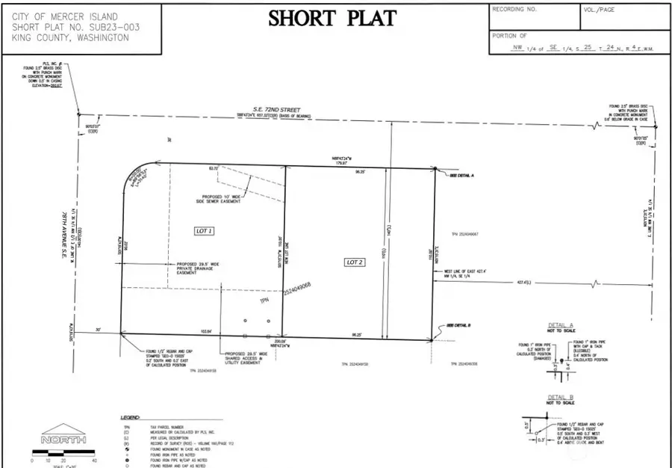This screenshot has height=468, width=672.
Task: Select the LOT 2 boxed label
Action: point(354,262)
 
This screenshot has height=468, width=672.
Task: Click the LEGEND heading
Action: point(131,416)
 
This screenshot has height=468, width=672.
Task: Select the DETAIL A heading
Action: point(560,326)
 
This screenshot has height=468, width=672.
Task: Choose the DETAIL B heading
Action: point(559,398)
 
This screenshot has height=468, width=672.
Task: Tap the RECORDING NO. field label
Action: point(514,10)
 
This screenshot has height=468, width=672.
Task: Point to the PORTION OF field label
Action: point(510,35)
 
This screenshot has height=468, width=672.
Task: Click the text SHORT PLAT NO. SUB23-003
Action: point(75,27)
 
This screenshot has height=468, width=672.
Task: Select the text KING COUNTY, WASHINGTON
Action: point(70,37)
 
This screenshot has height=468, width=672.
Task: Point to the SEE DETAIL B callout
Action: point(458,325)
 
